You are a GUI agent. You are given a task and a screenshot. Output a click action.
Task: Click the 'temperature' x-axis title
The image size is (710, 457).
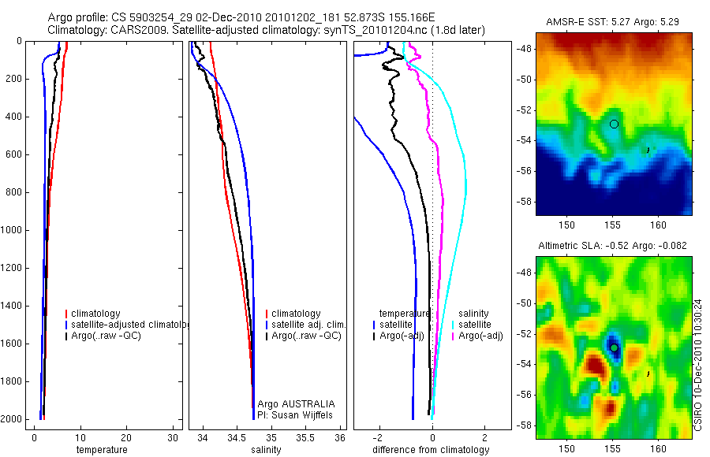pos(101,450)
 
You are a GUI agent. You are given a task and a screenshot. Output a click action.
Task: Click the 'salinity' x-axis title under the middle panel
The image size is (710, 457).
pos(267,450)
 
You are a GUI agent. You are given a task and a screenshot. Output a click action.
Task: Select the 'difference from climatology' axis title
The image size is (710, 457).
pos(431,450)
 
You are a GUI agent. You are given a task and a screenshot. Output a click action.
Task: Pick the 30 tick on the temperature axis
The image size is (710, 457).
pos(173,438)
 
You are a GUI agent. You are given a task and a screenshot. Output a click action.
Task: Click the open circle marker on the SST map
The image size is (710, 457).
pos(614,124)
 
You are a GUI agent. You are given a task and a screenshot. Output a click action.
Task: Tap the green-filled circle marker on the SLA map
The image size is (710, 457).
pos(614,347)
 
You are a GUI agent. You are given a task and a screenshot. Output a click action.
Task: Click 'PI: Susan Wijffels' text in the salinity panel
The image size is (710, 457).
pos(291,414)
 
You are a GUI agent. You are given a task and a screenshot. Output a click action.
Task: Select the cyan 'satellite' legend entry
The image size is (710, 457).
pos(475,325)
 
